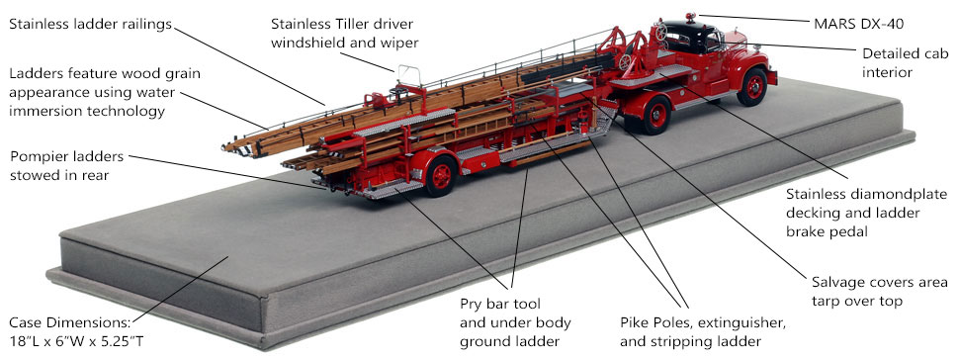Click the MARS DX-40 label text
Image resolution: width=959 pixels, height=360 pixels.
[x=858, y=24]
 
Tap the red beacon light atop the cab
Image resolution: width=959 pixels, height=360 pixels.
[x=690, y=17]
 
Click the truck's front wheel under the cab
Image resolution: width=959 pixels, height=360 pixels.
[x=752, y=87]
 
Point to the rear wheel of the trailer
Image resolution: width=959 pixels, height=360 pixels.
[x=441, y=176]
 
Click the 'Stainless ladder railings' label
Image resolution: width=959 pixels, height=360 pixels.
[x=90, y=25]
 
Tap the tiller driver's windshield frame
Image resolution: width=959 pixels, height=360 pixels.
[x=409, y=75]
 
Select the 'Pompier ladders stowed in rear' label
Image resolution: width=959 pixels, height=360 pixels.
[x=66, y=165]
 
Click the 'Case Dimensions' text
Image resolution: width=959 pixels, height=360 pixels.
[x=69, y=322]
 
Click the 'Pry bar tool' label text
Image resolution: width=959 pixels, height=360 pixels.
[x=500, y=304]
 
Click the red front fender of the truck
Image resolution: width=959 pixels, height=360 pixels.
[x=748, y=66]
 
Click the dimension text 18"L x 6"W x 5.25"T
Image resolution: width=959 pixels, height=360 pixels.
[x=76, y=340]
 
